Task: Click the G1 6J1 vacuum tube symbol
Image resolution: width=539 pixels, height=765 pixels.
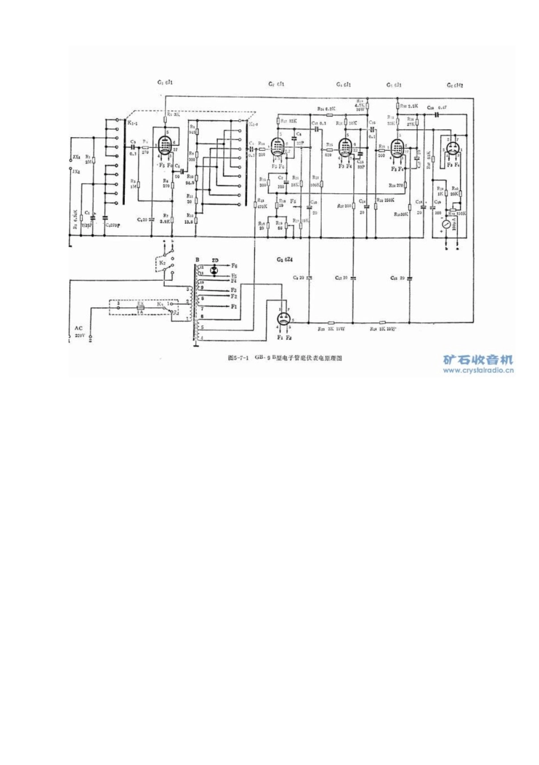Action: (x=166, y=146)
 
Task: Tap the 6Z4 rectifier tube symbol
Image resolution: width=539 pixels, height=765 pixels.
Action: (x=284, y=321)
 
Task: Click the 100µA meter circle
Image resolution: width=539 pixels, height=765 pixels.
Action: (x=448, y=225)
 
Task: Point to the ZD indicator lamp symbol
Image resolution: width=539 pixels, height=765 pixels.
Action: (x=214, y=270)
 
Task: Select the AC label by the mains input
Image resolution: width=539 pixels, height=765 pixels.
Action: (x=78, y=328)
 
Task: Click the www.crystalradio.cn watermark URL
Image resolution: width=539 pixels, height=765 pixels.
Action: (x=478, y=370)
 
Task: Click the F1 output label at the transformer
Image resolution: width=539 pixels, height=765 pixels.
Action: (x=234, y=306)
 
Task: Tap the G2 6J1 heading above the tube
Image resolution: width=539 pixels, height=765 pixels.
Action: (x=276, y=84)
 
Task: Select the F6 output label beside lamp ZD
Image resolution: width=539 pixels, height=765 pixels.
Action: (x=235, y=265)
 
